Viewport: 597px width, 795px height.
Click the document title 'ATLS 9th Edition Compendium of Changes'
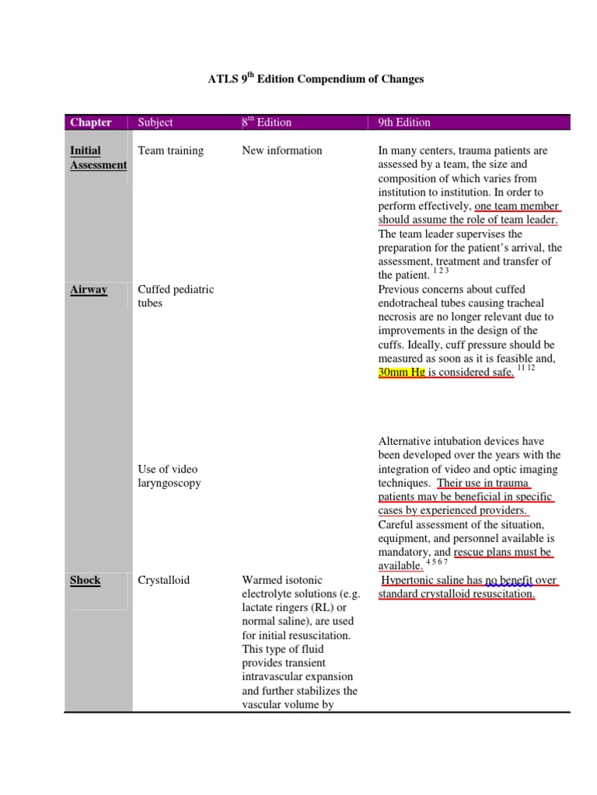pyautogui.click(x=315, y=79)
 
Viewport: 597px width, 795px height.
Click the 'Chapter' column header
pyautogui.click(x=91, y=123)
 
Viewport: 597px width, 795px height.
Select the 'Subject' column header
pyautogui.click(x=155, y=123)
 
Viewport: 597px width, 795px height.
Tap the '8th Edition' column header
pyautogui.click(x=267, y=123)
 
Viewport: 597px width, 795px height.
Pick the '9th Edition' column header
pyautogui.click(x=404, y=123)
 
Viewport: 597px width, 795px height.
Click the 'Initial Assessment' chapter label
pyautogui.click(x=98, y=158)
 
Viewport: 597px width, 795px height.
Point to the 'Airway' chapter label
pyautogui.click(x=89, y=290)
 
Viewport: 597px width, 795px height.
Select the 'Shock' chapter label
pyautogui.click(x=86, y=580)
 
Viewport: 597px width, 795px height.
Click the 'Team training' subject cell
pyautogui.click(x=171, y=151)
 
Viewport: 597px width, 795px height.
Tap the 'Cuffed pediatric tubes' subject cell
pyautogui.click(x=176, y=296)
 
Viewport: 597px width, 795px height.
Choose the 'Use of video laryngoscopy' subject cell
pyautogui.click(x=169, y=476)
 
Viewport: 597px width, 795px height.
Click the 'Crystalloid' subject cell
pyautogui.click(x=164, y=580)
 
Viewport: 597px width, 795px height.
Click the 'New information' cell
pyautogui.click(x=282, y=151)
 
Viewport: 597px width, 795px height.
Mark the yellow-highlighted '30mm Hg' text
pyautogui.click(x=401, y=373)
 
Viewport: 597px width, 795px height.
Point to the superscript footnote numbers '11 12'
pyautogui.click(x=525, y=367)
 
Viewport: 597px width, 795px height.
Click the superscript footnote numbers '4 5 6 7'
pyautogui.click(x=437, y=561)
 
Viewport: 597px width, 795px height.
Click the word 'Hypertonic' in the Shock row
pyautogui.click(x=410, y=580)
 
